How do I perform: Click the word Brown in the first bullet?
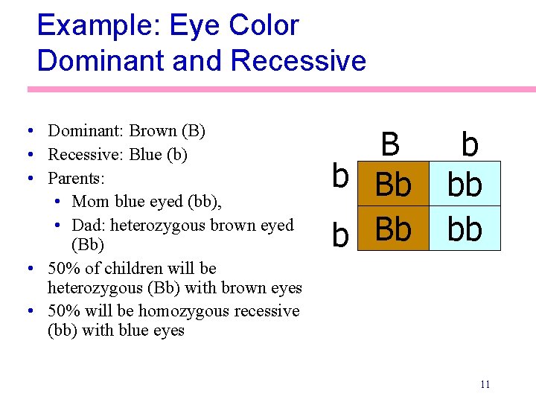(153, 132)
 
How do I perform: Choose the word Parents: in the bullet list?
(76, 179)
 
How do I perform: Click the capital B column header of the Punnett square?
(389, 144)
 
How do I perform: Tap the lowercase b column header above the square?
(469, 144)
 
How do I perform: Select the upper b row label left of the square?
(340, 176)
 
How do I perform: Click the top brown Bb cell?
(393, 185)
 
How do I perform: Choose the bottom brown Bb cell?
(393, 229)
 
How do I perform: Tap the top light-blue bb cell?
(465, 185)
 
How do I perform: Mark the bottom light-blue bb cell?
(465, 229)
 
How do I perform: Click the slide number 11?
(485, 384)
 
